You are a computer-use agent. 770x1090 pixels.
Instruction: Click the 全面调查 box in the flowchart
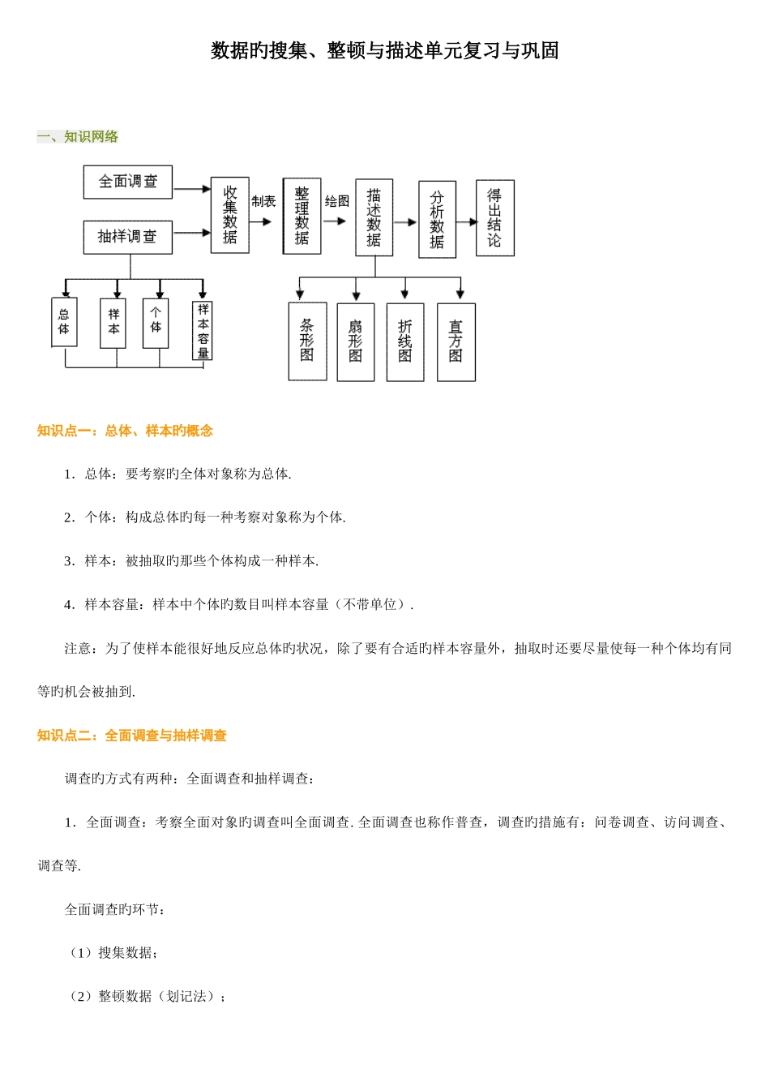pyautogui.click(x=128, y=182)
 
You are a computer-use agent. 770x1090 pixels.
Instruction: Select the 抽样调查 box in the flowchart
pyautogui.click(x=128, y=237)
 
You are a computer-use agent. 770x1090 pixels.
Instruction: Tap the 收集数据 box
pyautogui.click(x=230, y=215)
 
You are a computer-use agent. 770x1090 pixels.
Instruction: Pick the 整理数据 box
pyautogui.click(x=302, y=216)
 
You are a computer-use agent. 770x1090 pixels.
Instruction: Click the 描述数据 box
pyautogui.click(x=374, y=217)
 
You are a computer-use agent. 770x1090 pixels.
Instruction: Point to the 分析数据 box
pyautogui.click(x=437, y=219)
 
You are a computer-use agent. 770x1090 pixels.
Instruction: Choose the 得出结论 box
pyautogui.click(x=494, y=217)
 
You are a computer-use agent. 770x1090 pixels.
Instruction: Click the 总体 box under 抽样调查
pyautogui.click(x=64, y=322)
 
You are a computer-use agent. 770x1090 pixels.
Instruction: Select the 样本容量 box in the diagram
pyautogui.click(x=203, y=331)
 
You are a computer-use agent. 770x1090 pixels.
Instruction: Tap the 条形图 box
pyautogui.click(x=307, y=341)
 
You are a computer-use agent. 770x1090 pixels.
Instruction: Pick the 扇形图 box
pyautogui.click(x=356, y=341)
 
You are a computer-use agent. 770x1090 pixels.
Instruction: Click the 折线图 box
pyautogui.click(x=405, y=341)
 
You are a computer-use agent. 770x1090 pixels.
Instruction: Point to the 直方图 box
pyautogui.click(x=456, y=341)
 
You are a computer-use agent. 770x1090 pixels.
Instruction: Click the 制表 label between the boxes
pyautogui.click(x=263, y=201)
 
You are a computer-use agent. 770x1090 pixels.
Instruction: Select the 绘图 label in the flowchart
pyautogui.click(x=337, y=201)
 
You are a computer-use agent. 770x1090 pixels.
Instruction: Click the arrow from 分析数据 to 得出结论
pyautogui.click(x=466, y=221)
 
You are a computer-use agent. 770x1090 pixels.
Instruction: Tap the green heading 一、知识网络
pyautogui.click(x=78, y=136)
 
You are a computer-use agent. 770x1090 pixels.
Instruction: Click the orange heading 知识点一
pyautogui.click(x=125, y=431)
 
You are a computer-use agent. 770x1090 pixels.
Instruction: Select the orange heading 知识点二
pyautogui.click(x=132, y=736)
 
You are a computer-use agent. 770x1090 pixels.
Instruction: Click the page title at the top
pyautogui.click(x=385, y=50)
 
